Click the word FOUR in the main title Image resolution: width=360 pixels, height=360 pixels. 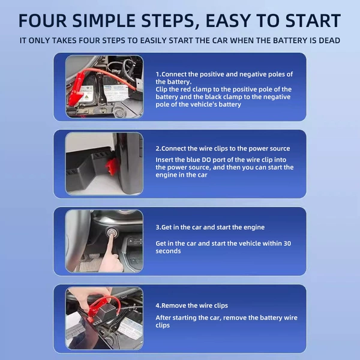(43, 20)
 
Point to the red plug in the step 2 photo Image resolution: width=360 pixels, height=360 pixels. (112, 166)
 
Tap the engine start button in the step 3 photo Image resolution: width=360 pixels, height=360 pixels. (112, 233)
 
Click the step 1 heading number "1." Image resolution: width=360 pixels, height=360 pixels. (158, 74)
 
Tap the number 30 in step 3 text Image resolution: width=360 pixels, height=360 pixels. (287, 244)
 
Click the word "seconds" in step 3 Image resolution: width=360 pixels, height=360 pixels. (168, 251)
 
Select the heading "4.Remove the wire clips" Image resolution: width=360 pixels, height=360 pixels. (192, 305)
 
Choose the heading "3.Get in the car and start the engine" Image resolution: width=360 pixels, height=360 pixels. (210, 227)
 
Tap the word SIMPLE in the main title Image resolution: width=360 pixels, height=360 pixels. (104, 20)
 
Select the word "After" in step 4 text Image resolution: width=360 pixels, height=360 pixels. (163, 318)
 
